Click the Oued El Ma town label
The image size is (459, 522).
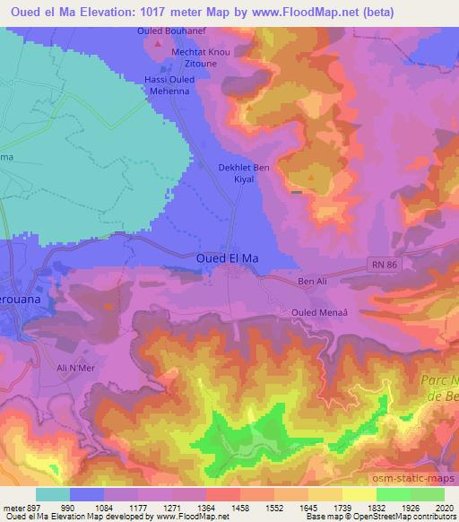click(227, 258)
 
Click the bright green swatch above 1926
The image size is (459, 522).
click(394, 494)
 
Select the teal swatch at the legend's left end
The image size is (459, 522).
click(52, 494)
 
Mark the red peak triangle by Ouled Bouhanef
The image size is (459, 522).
click(159, 43)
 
